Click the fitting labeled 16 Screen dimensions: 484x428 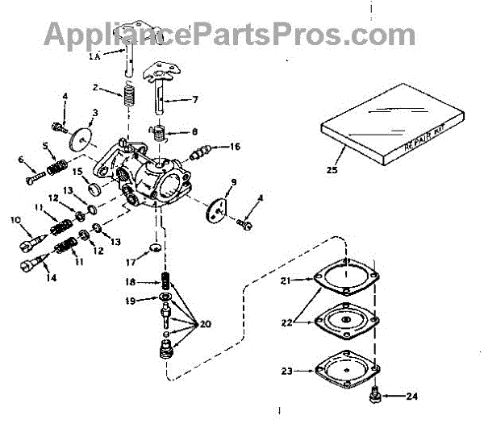202,152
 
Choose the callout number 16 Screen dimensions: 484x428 235,147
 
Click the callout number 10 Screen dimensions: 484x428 15,219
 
